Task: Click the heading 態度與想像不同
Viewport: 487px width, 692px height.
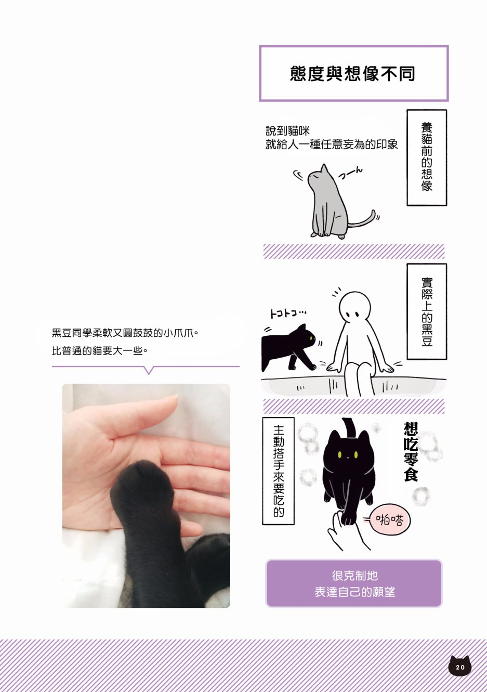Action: click(353, 73)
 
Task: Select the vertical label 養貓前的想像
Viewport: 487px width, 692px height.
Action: click(427, 157)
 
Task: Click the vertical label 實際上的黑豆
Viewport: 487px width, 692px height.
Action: click(427, 311)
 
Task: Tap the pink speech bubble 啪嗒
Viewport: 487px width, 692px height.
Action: click(390, 520)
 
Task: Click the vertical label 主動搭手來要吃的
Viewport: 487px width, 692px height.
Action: click(278, 471)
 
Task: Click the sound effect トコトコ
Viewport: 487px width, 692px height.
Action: click(288, 314)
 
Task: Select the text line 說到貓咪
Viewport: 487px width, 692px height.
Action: click(287, 131)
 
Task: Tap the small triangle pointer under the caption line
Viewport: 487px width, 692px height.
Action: click(149, 370)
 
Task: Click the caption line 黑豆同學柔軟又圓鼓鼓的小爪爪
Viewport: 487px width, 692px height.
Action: click(125, 333)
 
